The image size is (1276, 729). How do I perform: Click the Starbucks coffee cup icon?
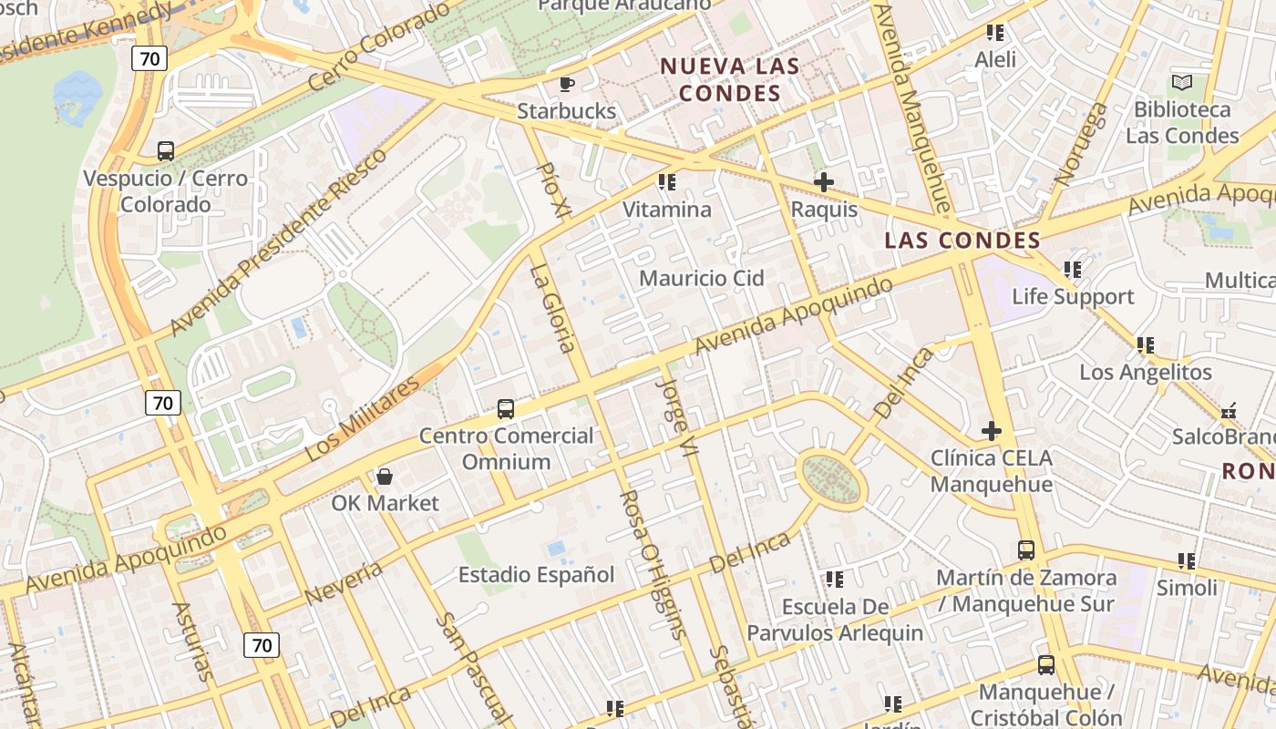(x=566, y=85)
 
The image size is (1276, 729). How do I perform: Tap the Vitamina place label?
(x=666, y=210)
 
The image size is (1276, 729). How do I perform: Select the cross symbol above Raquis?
(x=824, y=182)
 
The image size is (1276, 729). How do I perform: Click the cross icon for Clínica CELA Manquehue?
(x=992, y=431)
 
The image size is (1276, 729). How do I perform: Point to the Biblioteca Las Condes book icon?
(x=1182, y=83)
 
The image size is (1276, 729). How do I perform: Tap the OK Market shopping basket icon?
(x=385, y=477)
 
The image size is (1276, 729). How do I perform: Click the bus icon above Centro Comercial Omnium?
(x=506, y=409)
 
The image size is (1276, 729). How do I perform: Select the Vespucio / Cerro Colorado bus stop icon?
(x=165, y=151)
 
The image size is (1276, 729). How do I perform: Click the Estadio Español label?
(x=536, y=575)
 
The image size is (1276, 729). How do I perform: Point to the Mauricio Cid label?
(x=701, y=278)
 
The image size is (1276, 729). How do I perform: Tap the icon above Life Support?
(x=1073, y=270)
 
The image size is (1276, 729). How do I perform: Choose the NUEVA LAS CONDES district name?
(x=730, y=79)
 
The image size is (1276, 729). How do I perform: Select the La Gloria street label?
(x=553, y=308)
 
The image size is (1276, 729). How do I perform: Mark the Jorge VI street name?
(x=677, y=416)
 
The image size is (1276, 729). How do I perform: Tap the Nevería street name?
(x=344, y=582)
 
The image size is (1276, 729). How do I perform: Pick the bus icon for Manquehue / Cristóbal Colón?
(x=1046, y=666)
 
